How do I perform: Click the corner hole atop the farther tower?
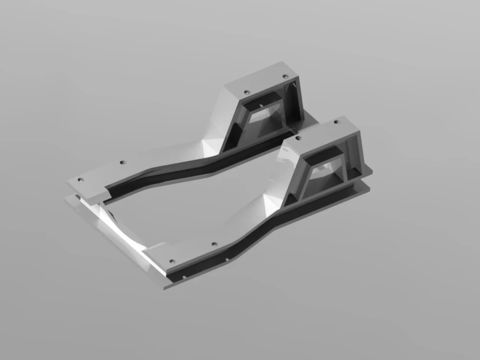tap(285, 77)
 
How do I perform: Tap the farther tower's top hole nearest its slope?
tap(247, 92)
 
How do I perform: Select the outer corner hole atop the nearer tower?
tap(336, 122)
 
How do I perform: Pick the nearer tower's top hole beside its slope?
tap(298, 138)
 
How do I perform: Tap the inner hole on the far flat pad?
tap(122, 163)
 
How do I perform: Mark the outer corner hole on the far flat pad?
tap(81, 179)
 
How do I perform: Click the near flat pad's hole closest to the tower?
tap(214, 244)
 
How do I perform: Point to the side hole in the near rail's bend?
tap(228, 260)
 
